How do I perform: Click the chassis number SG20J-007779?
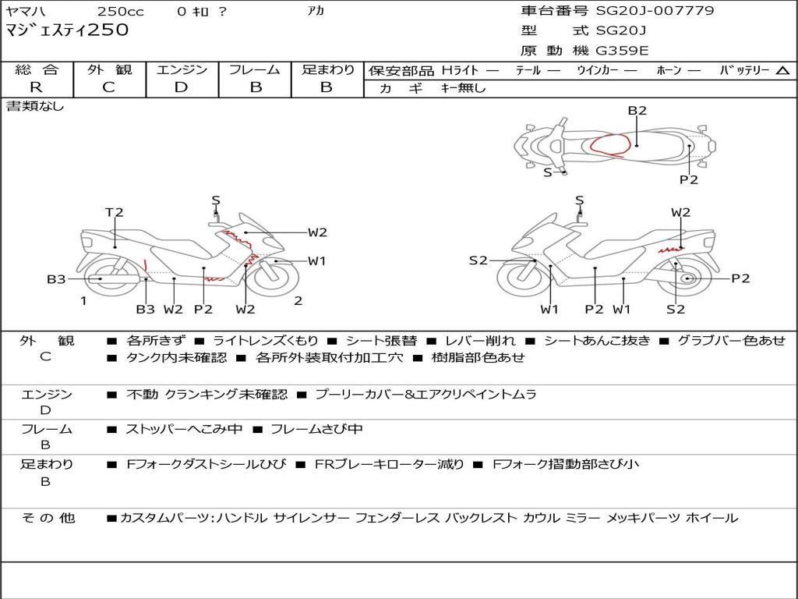(655, 11)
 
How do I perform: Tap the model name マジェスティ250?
(67, 30)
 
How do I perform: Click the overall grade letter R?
(36, 87)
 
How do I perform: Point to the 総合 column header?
(37, 69)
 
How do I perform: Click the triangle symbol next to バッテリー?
(782, 71)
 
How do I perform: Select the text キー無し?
(463, 88)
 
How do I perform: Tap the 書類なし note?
(34, 106)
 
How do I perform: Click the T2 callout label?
(114, 212)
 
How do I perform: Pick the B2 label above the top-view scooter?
(637, 111)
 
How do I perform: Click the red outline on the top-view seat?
(610, 144)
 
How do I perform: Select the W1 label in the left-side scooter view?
(316, 261)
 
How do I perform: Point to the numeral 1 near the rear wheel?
(83, 301)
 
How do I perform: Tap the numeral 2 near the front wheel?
(298, 301)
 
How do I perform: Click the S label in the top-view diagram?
(548, 172)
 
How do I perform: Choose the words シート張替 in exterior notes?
(381, 340)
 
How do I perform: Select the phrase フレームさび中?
(316, 429)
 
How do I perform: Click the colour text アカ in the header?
(316, 11)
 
